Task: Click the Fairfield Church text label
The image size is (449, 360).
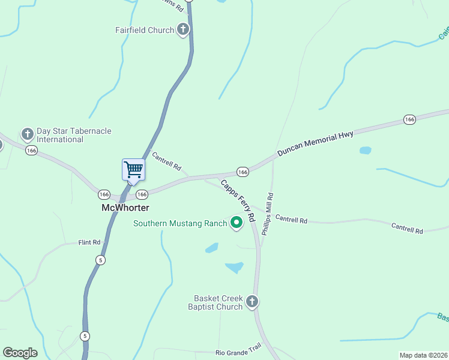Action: tap(145, 30)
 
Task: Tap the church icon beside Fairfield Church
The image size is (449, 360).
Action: tap(184, 30)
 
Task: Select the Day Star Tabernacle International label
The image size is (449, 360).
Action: tap(65, 135)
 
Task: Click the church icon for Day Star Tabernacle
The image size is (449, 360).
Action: tap(27, 134)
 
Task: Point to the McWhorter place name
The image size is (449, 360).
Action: tap(124, 208)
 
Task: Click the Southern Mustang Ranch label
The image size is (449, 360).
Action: tap(180, 224)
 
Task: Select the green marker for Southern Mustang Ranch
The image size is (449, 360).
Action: tap(237, 223)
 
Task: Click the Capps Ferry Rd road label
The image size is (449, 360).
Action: tap(238, 200)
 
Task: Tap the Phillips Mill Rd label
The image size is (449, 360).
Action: tap(267, 213)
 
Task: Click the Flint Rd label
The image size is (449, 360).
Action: tap(89, 242)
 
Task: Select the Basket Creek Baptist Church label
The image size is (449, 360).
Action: tap(218, 302)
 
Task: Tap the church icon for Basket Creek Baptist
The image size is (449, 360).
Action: tap(253, 301)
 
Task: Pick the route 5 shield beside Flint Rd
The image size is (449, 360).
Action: tap(100, 259)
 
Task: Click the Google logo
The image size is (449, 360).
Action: tap(20, 353)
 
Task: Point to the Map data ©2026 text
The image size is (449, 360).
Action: tap(423, 355)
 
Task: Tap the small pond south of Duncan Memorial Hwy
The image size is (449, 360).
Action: tap(365, 150)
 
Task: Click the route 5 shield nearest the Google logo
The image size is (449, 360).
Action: tap(85, 336)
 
